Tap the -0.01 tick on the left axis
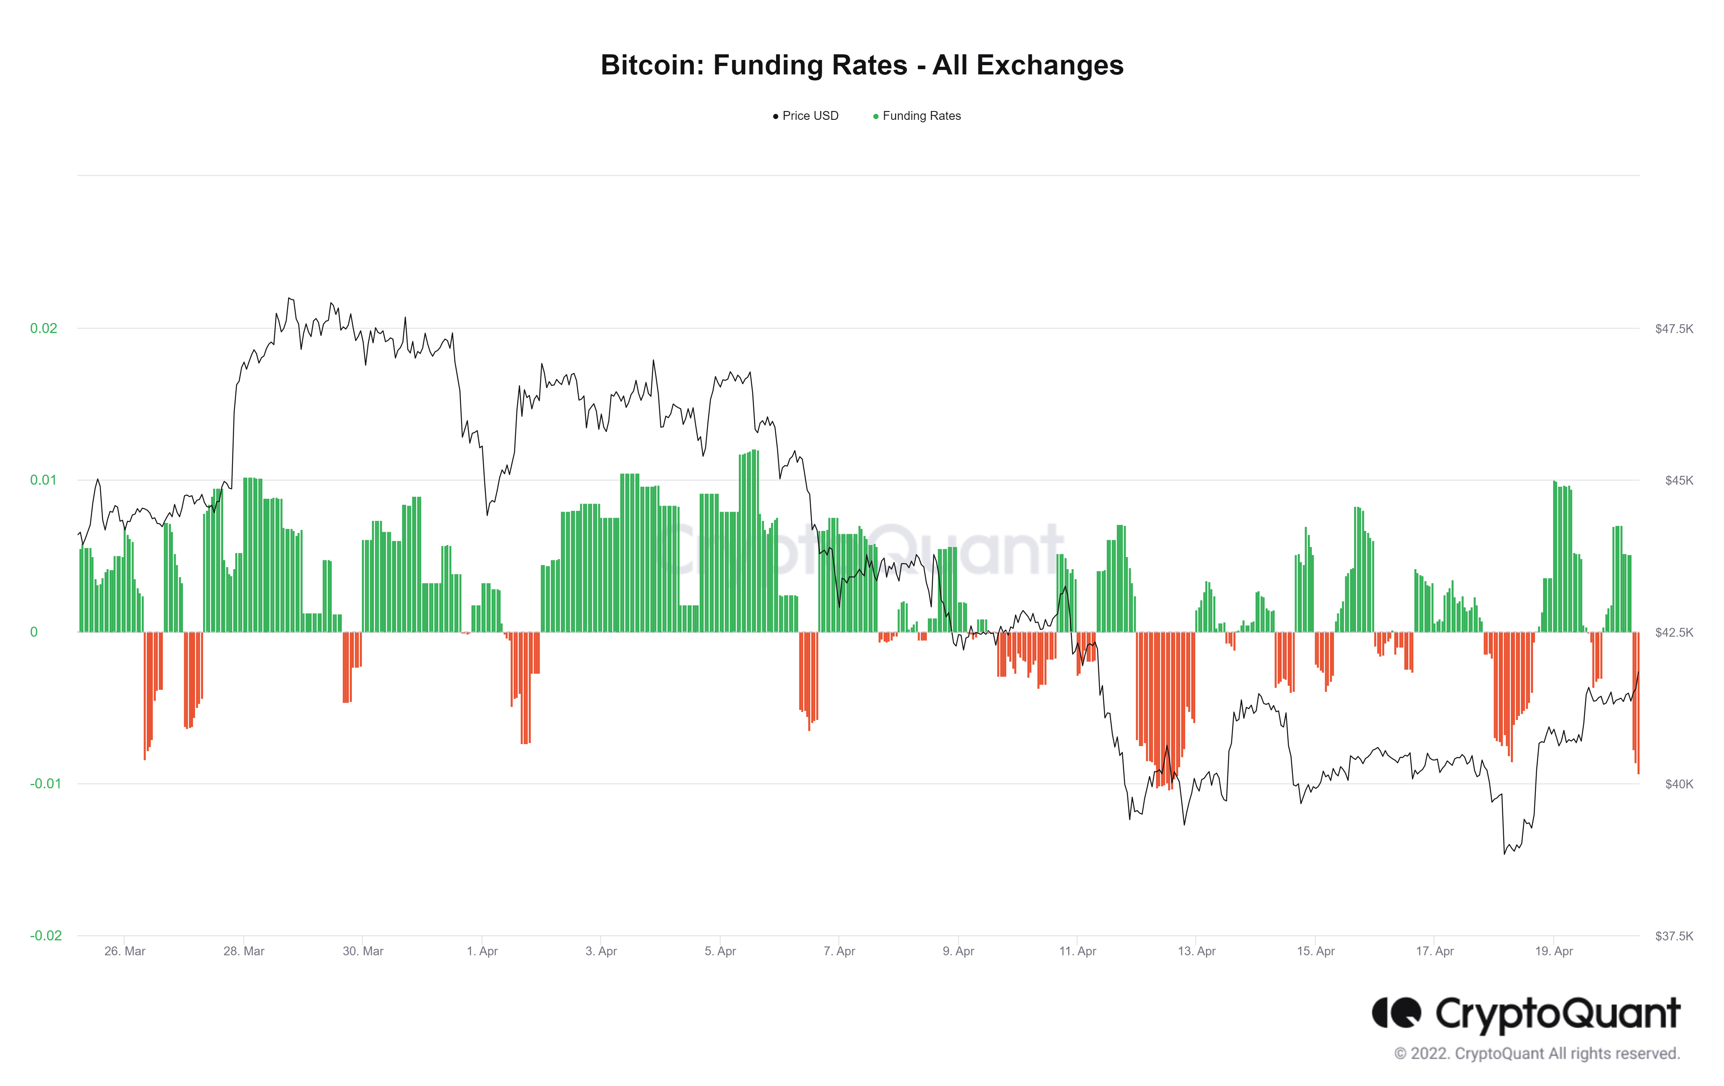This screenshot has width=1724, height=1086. [x=45, y=784]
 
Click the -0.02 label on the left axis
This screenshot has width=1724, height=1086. [x=45, y=936]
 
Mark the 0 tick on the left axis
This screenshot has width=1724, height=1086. [x=34, y=632]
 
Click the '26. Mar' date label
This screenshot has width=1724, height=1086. [x=125, y=951]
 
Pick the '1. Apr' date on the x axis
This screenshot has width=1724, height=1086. [x=482, y=951]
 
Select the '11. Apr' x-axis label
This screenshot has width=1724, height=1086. [x=1077, y=951]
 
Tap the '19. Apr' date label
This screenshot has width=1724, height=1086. [x=1553, y=951]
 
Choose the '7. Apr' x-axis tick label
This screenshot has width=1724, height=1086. [x=839, y=951]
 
